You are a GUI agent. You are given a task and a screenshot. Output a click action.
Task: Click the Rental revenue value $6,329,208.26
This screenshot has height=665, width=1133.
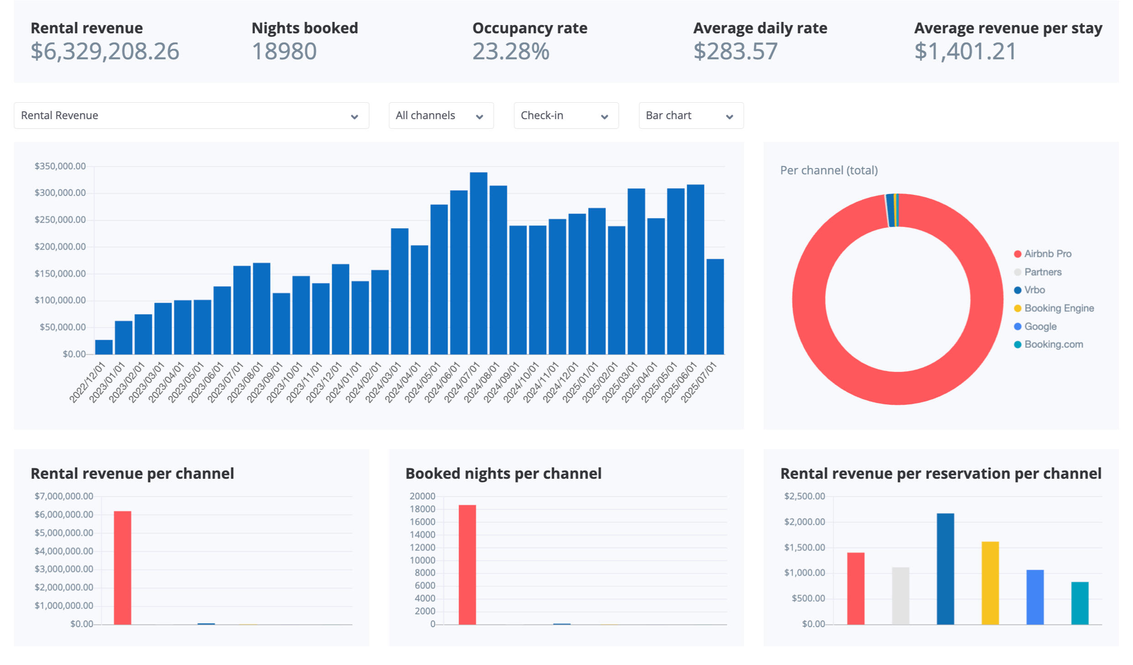coord(104,51)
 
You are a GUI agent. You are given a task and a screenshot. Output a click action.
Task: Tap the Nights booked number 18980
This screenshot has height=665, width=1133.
coord(284,51)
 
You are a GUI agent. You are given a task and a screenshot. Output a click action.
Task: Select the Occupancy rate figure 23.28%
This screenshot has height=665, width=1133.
coord(511,51)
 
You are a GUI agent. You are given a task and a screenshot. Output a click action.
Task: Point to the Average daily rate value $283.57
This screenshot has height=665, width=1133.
coord(735,51)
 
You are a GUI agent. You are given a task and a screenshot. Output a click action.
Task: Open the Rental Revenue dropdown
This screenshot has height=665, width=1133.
coord(191,115)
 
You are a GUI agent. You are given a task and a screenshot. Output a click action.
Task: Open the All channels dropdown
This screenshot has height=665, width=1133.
coord(441,115)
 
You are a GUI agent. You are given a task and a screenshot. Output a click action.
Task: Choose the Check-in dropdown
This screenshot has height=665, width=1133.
coord(566,115)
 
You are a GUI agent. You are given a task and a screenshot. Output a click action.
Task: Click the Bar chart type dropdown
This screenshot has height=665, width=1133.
coord(691,115)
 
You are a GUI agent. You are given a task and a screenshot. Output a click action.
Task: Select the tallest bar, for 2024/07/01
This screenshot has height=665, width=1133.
coord(478,263)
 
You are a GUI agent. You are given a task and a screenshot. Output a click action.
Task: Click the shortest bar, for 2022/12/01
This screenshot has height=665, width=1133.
coord(104,347)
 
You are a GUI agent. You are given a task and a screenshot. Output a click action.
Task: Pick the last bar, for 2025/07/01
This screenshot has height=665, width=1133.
coord(715,306)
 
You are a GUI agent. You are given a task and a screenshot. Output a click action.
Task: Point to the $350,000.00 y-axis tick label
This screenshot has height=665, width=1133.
coord(60,166)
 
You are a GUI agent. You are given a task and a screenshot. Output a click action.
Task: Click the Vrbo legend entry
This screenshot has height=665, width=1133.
coord(1034,290)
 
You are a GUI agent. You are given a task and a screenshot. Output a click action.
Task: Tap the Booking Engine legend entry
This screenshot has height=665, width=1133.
coord(1059,308)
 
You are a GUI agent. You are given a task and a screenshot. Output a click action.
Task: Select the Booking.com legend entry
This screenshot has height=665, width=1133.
coord(1053,345)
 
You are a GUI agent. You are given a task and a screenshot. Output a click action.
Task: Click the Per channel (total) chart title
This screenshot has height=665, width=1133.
coord(829,170)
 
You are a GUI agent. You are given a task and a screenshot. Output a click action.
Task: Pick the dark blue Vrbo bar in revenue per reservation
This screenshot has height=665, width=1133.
coord(945,569)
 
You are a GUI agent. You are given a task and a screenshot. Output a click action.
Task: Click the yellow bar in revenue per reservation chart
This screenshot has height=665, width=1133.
coord(990,583)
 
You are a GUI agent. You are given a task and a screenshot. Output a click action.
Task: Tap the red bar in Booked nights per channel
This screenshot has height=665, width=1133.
coord(467,565)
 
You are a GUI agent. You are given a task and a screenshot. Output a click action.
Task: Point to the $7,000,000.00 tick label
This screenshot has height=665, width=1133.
coord(64,496)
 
